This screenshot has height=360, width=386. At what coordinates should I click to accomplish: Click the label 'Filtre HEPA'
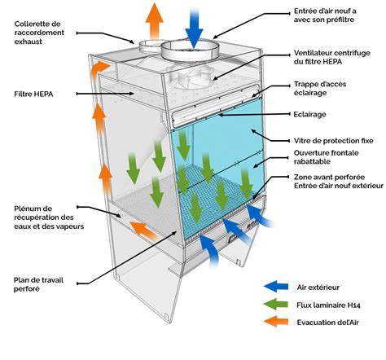pyautogui.click(x=33, y=94)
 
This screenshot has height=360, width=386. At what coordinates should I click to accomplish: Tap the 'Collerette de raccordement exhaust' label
pyautogui.click(x=39, y=33)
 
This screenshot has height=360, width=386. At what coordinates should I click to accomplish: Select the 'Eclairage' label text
pyautogui.click(x=309, y=114)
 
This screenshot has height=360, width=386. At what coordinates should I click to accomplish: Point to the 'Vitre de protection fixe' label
pyautogui.click(x=333, y=141)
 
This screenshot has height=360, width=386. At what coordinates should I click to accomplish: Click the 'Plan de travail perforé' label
pyautogui.click(x=38, y=284)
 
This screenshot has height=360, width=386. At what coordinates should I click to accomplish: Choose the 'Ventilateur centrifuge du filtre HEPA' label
pyautogui.click(x=331, y=57)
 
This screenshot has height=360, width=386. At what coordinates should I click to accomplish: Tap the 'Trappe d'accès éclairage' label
pyautogui.click(x=320, y=89)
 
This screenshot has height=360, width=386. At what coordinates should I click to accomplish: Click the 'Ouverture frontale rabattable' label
pyautogui.click(x=326, y=157)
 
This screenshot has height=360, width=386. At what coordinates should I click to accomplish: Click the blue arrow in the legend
pyautogui.click(x=276, y=287)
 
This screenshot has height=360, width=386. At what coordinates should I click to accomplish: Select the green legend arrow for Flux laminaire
pyautogui.click(x=276, y=305)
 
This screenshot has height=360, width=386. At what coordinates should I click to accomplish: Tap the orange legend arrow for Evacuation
pyautogui.click(x=276, y=322)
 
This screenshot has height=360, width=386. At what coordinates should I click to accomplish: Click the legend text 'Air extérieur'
pyautogui.click(x=318, y=288)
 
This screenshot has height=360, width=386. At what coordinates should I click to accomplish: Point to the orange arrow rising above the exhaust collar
pyautogui.click(x=154, y=21)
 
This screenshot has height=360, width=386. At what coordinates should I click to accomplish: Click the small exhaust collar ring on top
pyautogui.click(x=150, y=46)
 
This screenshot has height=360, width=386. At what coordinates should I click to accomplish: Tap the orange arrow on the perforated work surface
pyautogui.click(x=143, y=230)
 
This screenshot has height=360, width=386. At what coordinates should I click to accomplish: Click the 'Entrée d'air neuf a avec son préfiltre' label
pyautogui.click(x=325, y=15)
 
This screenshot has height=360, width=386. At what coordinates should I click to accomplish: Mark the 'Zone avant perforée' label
pyautogui.click(x=329, y=177)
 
